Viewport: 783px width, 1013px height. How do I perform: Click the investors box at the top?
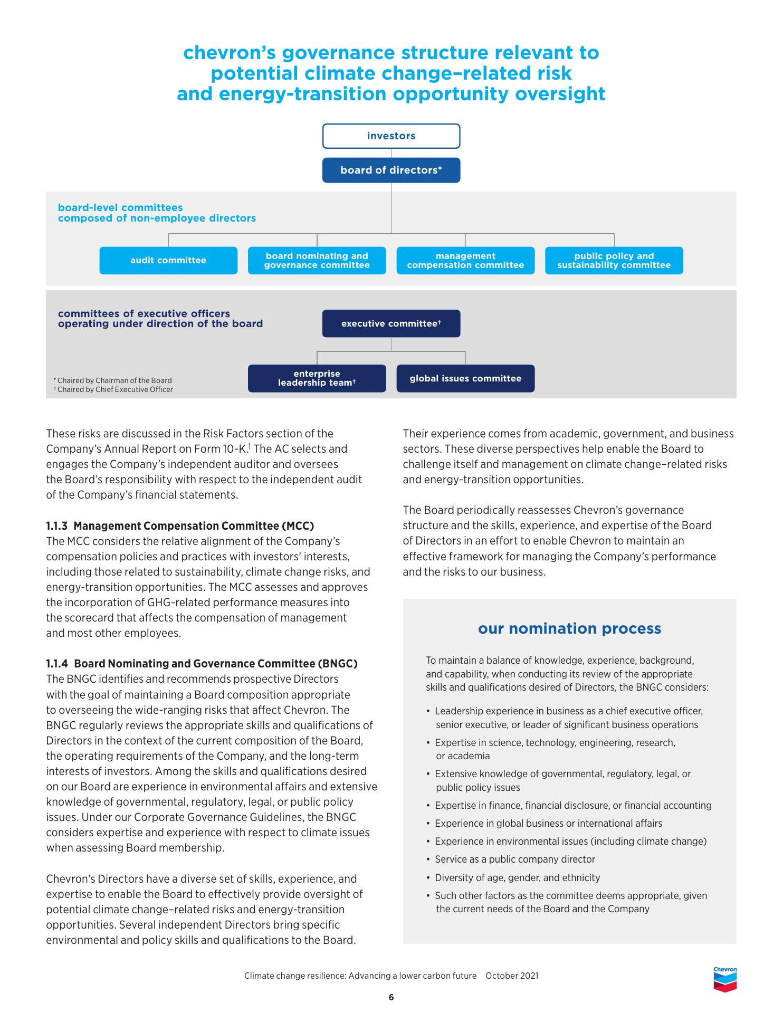(391, 136)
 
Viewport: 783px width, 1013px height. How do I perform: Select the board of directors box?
(391, 170)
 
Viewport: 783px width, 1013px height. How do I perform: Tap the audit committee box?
(168, 261)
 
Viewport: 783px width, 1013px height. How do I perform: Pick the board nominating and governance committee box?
(317, 261)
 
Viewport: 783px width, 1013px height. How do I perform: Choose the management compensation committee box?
(465, 261)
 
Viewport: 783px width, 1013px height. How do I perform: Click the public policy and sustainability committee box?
(614, 261)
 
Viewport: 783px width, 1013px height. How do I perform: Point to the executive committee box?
(391, 323)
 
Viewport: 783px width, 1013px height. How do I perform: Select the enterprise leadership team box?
(317, 378)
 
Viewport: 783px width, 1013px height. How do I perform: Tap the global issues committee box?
(465, 378)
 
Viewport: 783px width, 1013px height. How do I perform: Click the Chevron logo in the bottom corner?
(725, 979)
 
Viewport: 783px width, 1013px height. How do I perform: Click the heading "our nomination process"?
(569, 628)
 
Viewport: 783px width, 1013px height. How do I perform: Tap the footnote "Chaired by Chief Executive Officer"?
(115, 390)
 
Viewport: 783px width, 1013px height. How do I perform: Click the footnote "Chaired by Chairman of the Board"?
(114, 380)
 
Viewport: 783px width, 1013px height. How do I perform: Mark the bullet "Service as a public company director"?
(514, 859)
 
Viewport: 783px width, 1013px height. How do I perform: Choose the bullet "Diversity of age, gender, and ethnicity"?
(517, 878)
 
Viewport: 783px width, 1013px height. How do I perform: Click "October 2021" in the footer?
(512, 976)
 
